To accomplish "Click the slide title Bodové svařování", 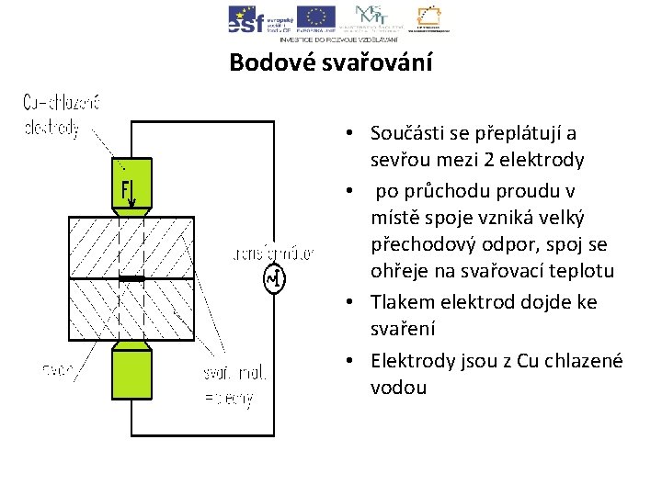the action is click(330, 62).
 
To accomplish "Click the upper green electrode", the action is click(131, 184).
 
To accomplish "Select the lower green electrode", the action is click(131, 372).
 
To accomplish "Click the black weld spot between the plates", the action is click(131, 278).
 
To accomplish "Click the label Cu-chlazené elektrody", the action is click(60, 116).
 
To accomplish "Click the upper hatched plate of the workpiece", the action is click(131, 246).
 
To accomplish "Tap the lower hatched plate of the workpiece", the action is click(131, 310).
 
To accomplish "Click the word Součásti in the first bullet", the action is click(403, 132).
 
